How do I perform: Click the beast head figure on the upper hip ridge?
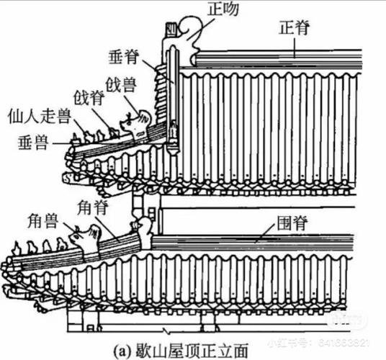pos(137,123)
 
